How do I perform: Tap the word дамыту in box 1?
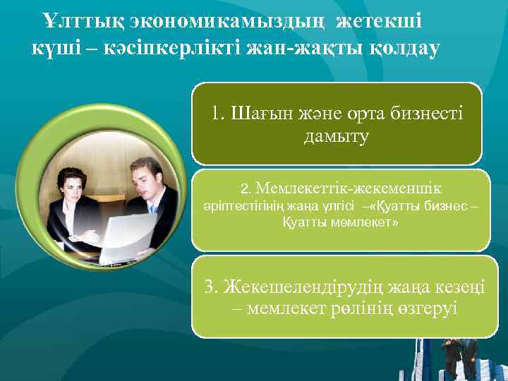(337, 136)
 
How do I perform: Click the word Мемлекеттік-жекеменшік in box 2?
(345, 189)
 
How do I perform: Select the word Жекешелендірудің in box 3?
(296, 286)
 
